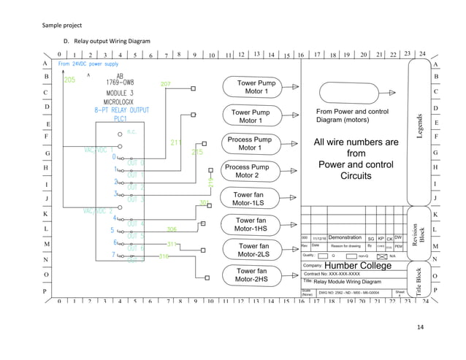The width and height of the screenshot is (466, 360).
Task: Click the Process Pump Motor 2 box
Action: (247, 171)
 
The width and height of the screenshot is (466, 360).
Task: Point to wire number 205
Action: (69, 80)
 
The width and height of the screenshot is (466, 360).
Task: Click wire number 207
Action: (166, 85)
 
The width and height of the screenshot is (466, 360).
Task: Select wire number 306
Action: (172, 229)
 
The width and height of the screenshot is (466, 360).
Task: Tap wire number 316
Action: (164, 256)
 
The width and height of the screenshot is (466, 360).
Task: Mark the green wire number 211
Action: (176, 142)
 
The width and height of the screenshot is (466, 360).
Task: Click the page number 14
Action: (420, 326)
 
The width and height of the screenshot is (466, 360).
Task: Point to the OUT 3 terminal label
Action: (135, 199)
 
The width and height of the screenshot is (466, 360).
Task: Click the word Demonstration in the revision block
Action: (345, 237)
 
